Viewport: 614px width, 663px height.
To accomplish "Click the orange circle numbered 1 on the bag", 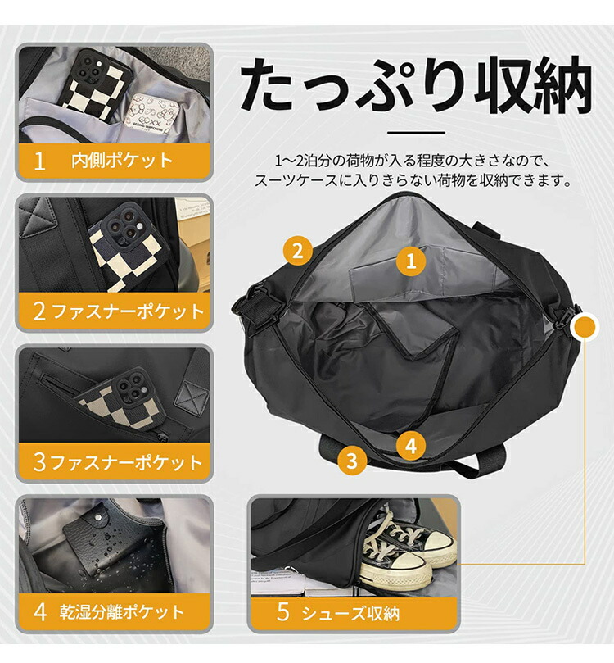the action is (x=411, y=261).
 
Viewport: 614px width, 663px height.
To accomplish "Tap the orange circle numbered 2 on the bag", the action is (x=298, y=250).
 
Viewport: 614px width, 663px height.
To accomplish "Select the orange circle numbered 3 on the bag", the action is (x=352, y=461).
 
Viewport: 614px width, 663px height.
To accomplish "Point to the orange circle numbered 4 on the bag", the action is (x=410, y=445).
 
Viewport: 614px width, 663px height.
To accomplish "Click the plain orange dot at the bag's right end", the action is (x=585, y=327).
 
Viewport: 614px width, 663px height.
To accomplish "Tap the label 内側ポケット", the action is (x=122, y=161).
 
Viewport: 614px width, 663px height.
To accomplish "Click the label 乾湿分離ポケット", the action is (x=122, y=612).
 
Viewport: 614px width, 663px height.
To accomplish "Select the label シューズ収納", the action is (x=350, y=613).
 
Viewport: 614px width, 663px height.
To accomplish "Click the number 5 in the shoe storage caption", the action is (x=283, y=612).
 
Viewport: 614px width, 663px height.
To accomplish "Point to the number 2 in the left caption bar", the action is (x=39, y=311).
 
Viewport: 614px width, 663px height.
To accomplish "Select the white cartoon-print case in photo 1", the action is (x=151, y=116).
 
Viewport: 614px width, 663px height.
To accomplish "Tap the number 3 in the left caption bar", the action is (x=39, y=462).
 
